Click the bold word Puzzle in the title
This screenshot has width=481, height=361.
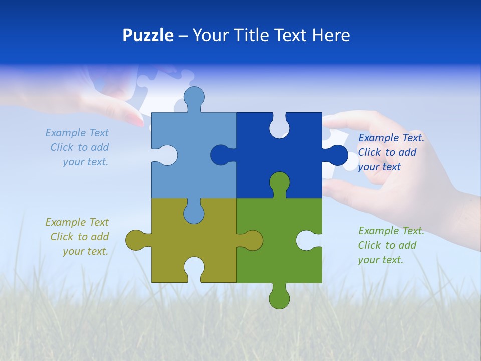point(148,35)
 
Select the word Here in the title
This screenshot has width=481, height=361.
point(330,35)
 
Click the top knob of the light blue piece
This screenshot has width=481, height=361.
point(194,96)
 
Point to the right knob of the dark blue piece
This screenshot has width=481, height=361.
point(337,155)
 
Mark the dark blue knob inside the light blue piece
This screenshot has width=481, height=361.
point(221,155)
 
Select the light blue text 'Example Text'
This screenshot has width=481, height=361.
point(77,133)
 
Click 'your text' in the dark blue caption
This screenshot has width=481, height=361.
point(379,167)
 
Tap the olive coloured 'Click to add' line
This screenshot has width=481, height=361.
point(79,237)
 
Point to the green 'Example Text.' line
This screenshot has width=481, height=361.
point(391,231)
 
